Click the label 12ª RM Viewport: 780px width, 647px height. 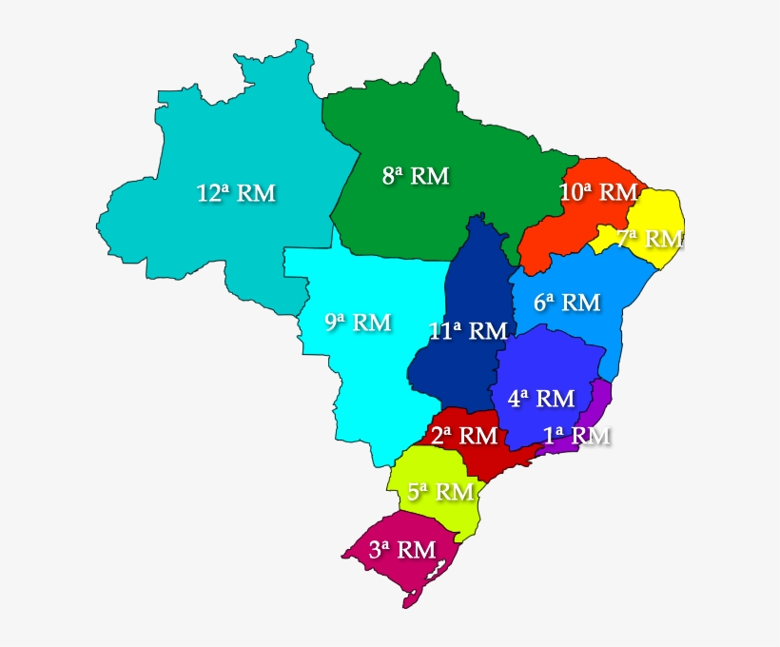coord(236,193)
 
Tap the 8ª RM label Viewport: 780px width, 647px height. coord(416,176)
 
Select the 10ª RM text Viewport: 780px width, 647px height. coord(598,192)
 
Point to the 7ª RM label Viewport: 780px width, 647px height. coord(650,238)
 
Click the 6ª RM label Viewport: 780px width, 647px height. coord(567,303)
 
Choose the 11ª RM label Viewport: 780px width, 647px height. coord(468,331)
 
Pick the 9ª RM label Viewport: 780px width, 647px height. coord(358,323)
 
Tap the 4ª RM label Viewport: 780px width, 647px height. coord(540,398)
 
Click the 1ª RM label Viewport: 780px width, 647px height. coord(576,436)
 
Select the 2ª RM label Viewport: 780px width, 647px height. coord(464,436)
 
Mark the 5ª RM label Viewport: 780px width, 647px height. coord(440,492)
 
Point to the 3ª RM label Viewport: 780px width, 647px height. coord(402,549)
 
